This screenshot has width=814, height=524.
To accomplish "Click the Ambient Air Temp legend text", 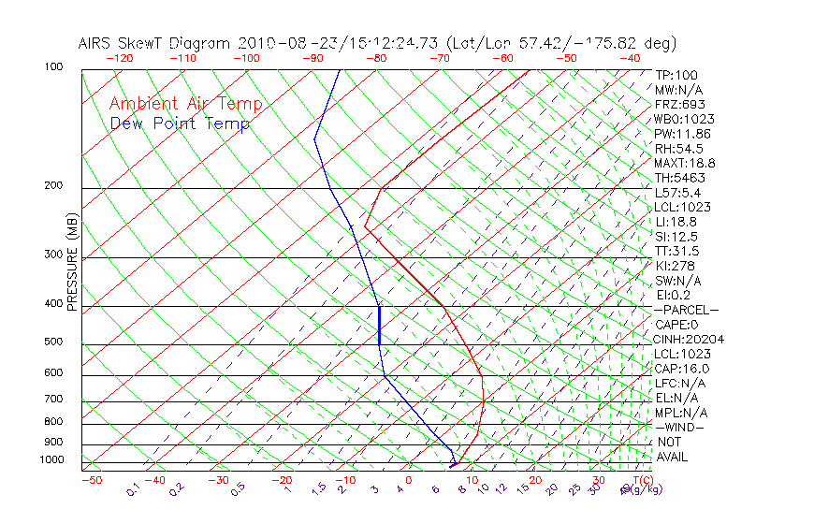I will [185, 104].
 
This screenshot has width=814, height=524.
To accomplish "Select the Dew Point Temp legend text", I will [180, 124].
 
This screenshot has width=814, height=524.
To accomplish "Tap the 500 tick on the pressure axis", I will [52, 342].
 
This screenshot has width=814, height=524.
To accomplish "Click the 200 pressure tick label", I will [52, 186].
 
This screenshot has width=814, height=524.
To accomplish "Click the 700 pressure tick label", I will [52, 400].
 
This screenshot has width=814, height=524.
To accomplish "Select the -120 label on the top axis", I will [120, 58].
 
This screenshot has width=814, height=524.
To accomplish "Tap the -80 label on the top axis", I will [375, 58].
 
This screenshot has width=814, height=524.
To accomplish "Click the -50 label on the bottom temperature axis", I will [91, 480].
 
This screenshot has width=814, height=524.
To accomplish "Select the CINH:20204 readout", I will [690, 339].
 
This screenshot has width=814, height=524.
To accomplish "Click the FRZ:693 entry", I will [680, 105].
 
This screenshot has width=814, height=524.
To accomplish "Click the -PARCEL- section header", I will [686, 310].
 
